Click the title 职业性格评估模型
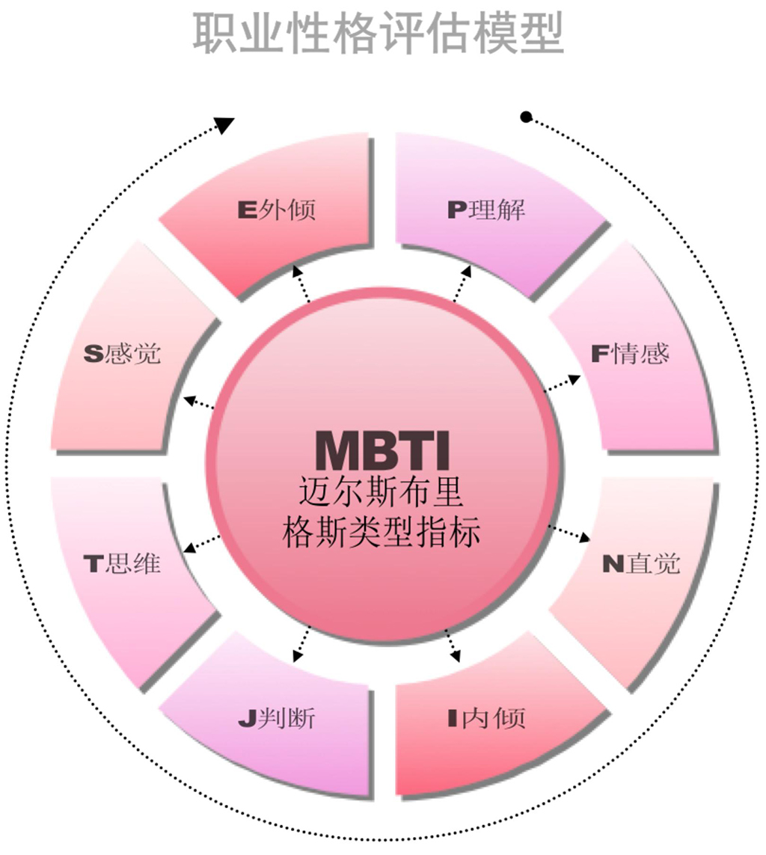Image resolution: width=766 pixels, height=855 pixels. click(x=378, y=31)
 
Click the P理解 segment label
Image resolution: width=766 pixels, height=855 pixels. click(x=486, y=209)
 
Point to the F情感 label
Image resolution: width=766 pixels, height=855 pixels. click(x=630, y=353)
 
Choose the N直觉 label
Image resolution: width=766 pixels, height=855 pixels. click(x=641, y=563)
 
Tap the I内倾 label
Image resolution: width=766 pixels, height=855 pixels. click(x=486, y=718)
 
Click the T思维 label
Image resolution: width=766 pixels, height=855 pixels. click(x=122, y=563)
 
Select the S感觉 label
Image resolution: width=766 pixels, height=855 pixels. click(x=122, y=353)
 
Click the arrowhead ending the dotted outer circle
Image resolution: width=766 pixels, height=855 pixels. click(x=224, y=125)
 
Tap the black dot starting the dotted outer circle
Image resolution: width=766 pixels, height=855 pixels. click(x=526, y=117)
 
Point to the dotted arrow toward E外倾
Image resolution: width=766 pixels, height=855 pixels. click(x=303, y=282)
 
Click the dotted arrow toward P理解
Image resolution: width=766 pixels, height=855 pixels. click(x=462, y=284)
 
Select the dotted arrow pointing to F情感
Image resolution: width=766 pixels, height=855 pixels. click(x=562, y=383)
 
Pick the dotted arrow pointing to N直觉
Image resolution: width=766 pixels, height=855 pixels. click(x=569, y=533)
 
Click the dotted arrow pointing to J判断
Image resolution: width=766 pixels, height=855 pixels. click(x=302, y=643)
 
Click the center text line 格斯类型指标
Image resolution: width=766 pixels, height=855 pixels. click(x=382, y=533)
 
